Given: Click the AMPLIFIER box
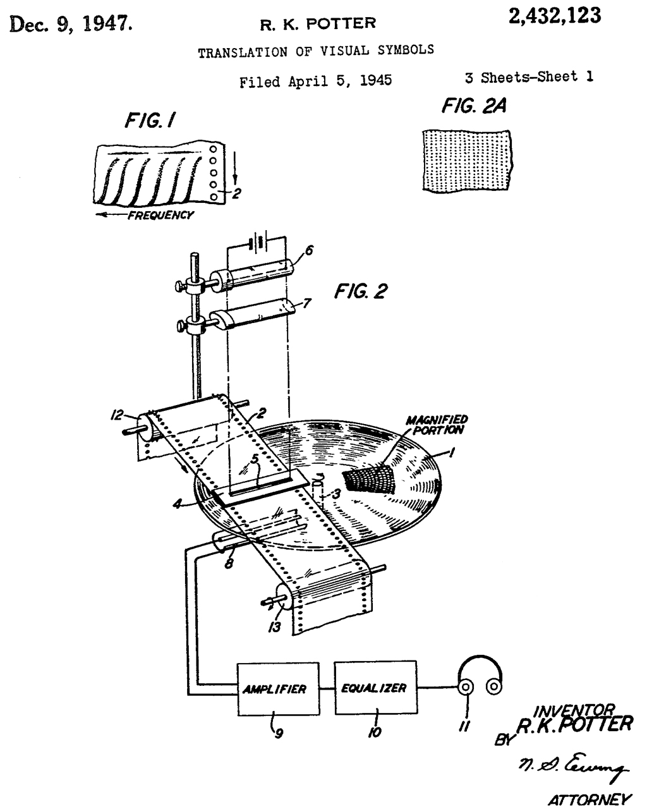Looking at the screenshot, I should [274, 689].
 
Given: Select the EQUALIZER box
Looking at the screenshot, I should [375, 688].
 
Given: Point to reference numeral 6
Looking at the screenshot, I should [309, 251].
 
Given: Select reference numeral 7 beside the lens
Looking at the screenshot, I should [307, 303].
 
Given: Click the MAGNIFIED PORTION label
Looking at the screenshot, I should [437, 425].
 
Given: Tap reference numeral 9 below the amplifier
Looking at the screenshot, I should [278, 734].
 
